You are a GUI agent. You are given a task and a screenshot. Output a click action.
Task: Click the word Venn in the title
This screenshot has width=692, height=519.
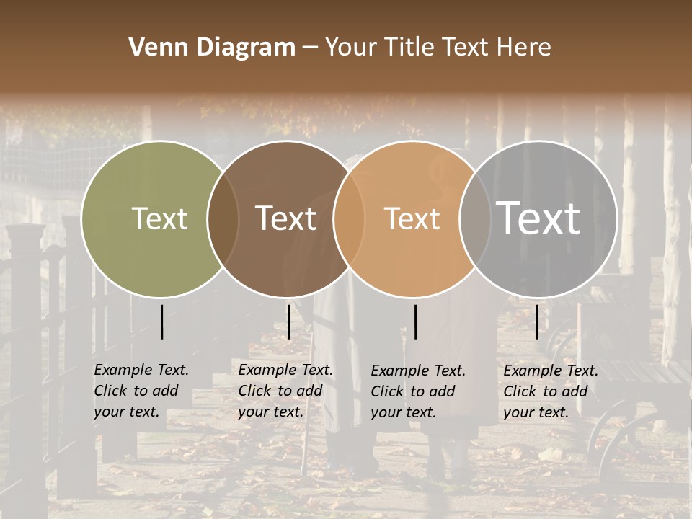155,48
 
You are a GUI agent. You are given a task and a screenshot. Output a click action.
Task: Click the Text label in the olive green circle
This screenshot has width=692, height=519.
159,218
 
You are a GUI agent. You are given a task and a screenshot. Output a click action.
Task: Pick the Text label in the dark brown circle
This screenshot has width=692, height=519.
285,218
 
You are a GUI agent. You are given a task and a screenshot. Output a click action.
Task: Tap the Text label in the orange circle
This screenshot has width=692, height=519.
412,218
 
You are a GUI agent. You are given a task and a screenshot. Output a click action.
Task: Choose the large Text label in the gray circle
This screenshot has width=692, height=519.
538,218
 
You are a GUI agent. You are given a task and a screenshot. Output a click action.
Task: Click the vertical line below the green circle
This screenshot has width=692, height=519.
161,321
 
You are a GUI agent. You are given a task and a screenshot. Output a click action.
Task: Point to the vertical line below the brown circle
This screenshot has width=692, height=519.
288,321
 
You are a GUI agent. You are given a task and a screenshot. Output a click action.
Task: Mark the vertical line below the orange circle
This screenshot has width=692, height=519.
415,321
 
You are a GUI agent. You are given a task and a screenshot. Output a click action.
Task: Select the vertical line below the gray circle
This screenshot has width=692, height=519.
536,321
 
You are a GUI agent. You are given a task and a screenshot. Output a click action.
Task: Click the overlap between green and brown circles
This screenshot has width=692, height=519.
223,219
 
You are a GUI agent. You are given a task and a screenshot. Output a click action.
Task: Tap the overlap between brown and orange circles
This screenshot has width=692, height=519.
348,219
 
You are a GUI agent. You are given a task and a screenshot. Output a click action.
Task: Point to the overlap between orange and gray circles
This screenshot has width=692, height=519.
474,219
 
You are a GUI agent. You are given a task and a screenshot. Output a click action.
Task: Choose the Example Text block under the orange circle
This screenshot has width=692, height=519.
417,391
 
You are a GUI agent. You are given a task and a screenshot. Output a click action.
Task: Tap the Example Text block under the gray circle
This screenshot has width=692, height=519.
550,391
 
